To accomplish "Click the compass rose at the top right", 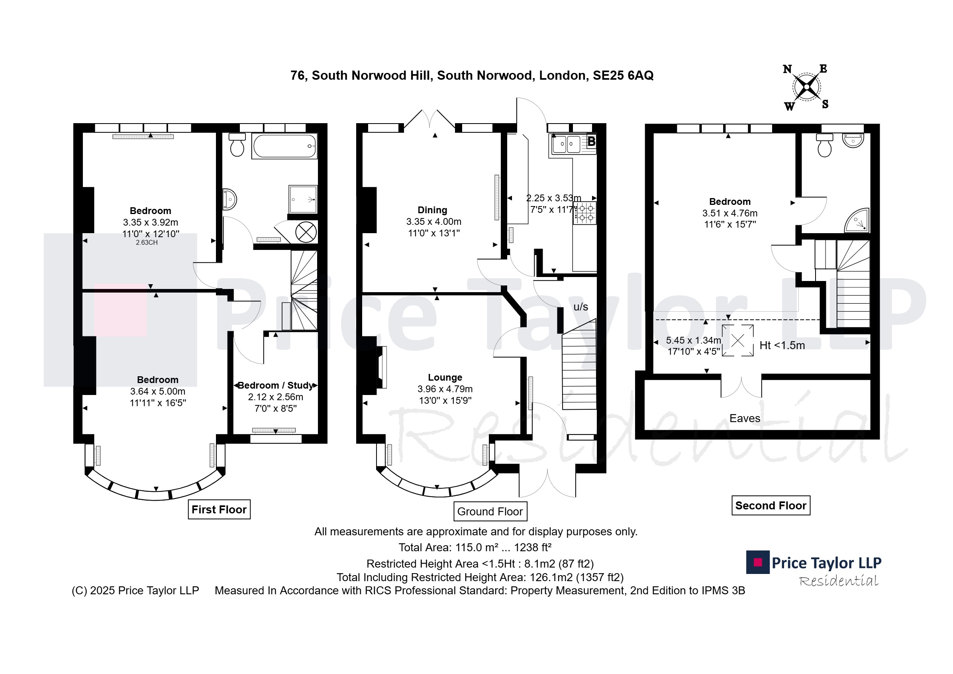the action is click(806, 87).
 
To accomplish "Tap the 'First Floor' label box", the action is click(219, 509).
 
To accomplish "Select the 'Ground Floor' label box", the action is click(490, 512).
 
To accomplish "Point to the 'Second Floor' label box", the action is click(771, 505).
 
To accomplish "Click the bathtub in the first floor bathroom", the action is click(284, 146).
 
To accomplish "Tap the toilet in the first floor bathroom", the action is click(237, 145).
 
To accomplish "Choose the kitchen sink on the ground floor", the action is click(567, 144).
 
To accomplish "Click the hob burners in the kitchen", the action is click(585, 212).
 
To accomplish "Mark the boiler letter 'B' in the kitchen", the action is click(592, 141).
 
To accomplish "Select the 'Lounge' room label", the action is click(445, 377).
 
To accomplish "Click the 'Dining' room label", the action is click(432, 210).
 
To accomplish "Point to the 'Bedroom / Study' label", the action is click(276, 385).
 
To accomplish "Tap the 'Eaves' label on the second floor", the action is click(745, 418).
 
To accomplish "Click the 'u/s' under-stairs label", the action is click(580, 307).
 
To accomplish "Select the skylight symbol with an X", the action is click(737, 340).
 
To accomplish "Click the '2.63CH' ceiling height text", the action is click(147, 242).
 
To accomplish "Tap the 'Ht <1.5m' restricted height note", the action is click(782, 346).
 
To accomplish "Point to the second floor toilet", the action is click(824, 145).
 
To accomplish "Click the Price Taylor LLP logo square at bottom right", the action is click(758, 562).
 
